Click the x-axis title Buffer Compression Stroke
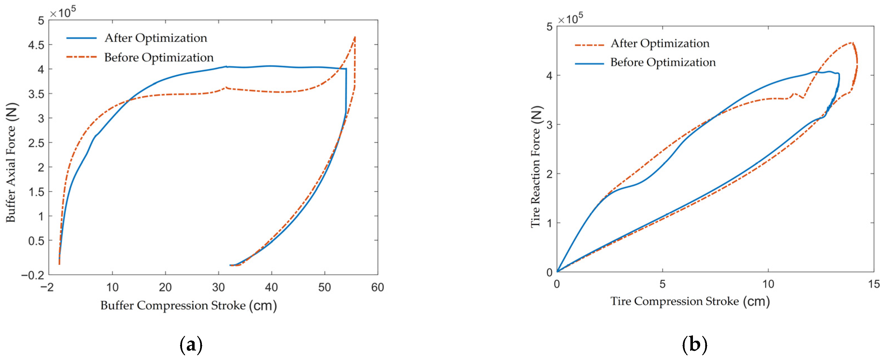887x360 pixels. [188, 305]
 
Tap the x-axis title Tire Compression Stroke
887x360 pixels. [690, 302]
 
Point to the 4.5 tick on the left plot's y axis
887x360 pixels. [36, 45]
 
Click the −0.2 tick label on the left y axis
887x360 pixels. [33, 275]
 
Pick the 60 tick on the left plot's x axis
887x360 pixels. [378, 287]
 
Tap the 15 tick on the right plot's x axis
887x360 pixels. [874, 284]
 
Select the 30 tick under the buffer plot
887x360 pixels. [218, 287]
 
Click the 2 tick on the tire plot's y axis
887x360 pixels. [549, 174]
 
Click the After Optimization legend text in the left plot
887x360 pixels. [156, 38]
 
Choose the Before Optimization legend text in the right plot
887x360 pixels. [663, 62]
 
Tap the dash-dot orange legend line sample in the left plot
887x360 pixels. [81, 57]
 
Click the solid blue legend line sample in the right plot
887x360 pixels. [589, 64]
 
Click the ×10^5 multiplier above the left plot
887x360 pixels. [63, 13]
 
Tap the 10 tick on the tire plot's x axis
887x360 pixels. [768, 284]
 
